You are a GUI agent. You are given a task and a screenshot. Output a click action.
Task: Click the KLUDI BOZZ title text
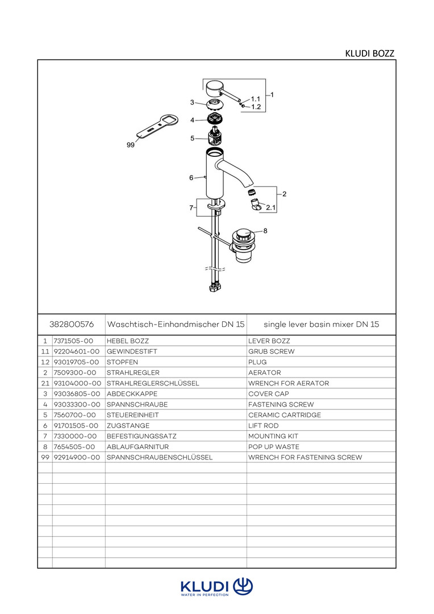(369, 53)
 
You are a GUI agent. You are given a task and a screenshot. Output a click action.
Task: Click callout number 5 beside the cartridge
(192, 138)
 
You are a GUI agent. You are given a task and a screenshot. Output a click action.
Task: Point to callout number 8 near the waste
(265, 231)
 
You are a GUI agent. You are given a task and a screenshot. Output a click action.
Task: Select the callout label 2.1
(271, 208)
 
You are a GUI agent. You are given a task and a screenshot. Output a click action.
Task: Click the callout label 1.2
(256, 107)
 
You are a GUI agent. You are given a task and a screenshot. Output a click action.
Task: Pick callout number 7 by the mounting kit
(191, 208)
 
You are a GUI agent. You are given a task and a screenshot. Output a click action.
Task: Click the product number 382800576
(72, 324)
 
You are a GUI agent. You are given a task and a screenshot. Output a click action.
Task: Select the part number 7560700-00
(75, 415)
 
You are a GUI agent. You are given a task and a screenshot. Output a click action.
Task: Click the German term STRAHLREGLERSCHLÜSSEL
(153, 383)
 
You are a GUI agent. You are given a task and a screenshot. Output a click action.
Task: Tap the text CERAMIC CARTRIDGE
(285, 415)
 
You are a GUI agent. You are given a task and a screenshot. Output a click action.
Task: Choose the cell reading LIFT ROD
(264, 426)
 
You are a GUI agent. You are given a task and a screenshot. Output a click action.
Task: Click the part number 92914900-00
(77, 457)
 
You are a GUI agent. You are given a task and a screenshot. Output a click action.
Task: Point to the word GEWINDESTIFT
(132, 352)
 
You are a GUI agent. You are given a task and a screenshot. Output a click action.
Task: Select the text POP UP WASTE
(274, 447)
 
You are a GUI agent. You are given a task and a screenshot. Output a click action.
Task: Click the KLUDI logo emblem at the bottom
(243, 586)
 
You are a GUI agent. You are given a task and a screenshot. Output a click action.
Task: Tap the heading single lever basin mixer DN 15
(322, 324)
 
